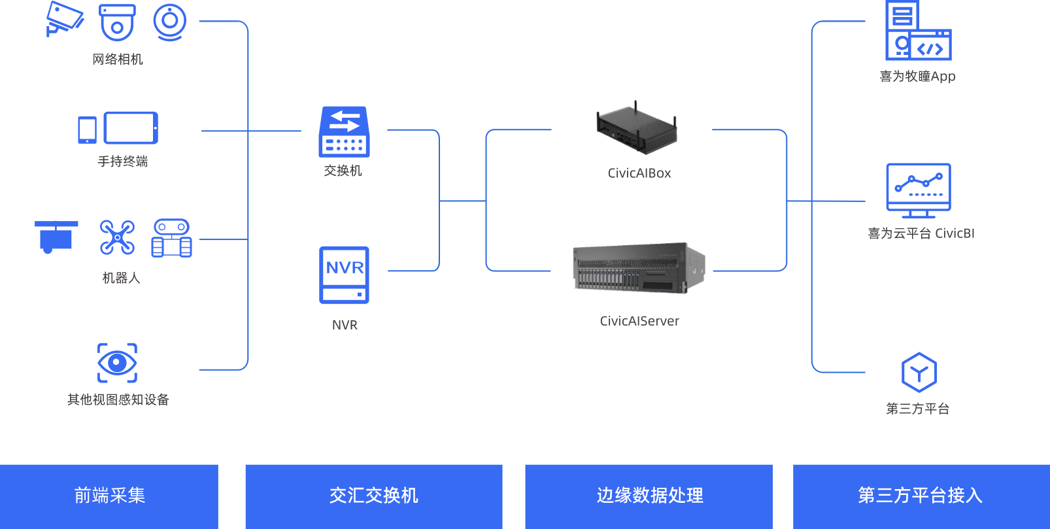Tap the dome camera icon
click(x=117, y=22)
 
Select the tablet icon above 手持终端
click(x=131, y=128)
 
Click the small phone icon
click(x=87, y=129)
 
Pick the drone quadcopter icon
click(x=117, y=237)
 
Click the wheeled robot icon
click(x=171, y=238)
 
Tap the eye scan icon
click(x=117, y=362)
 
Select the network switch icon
click(x=344, y=132)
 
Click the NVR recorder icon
click(x=344, y=275)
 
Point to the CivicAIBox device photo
click(x=636, y=128)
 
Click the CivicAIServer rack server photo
click(x=639, y=267)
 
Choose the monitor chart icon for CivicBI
click(x=918, y=190)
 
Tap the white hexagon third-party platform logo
click(x=919, y=373)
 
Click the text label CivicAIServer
click(x=639, y=321)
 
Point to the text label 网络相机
click(x=118, y=60)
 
